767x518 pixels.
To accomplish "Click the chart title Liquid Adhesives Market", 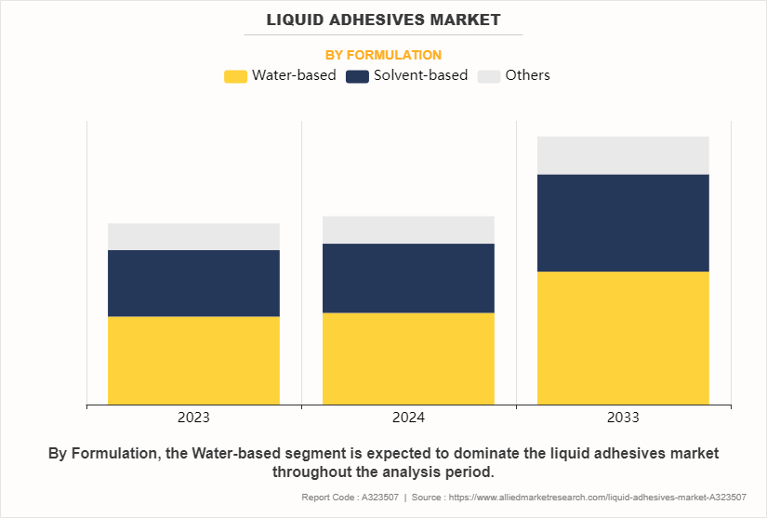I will (383, 20).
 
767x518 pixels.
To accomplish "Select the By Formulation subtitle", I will (383, 55).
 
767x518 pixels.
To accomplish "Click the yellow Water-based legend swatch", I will (236, 76).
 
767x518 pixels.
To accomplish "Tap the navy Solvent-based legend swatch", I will (358, 76).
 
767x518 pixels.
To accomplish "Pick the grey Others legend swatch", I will (488, 76).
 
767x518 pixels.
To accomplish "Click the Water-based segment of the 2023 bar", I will (193, 360).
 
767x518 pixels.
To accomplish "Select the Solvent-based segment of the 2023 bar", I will (193, 283).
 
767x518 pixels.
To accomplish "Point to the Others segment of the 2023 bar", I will (193, 236).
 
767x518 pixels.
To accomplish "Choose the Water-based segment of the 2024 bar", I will (408, 358).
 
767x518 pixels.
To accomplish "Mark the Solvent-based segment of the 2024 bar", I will (408, 278).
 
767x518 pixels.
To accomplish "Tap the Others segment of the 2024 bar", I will (408, 230).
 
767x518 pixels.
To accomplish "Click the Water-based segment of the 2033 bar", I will (623, 338).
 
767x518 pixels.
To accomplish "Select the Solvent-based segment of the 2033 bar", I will (623, 222).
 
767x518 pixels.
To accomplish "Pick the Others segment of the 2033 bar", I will (623, 155).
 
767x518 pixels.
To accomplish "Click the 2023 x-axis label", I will (193, 418).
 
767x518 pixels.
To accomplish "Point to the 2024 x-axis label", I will (408, 418).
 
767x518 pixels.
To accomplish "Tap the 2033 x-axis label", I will (623, 418).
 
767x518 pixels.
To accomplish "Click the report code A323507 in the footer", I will (379, 498).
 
